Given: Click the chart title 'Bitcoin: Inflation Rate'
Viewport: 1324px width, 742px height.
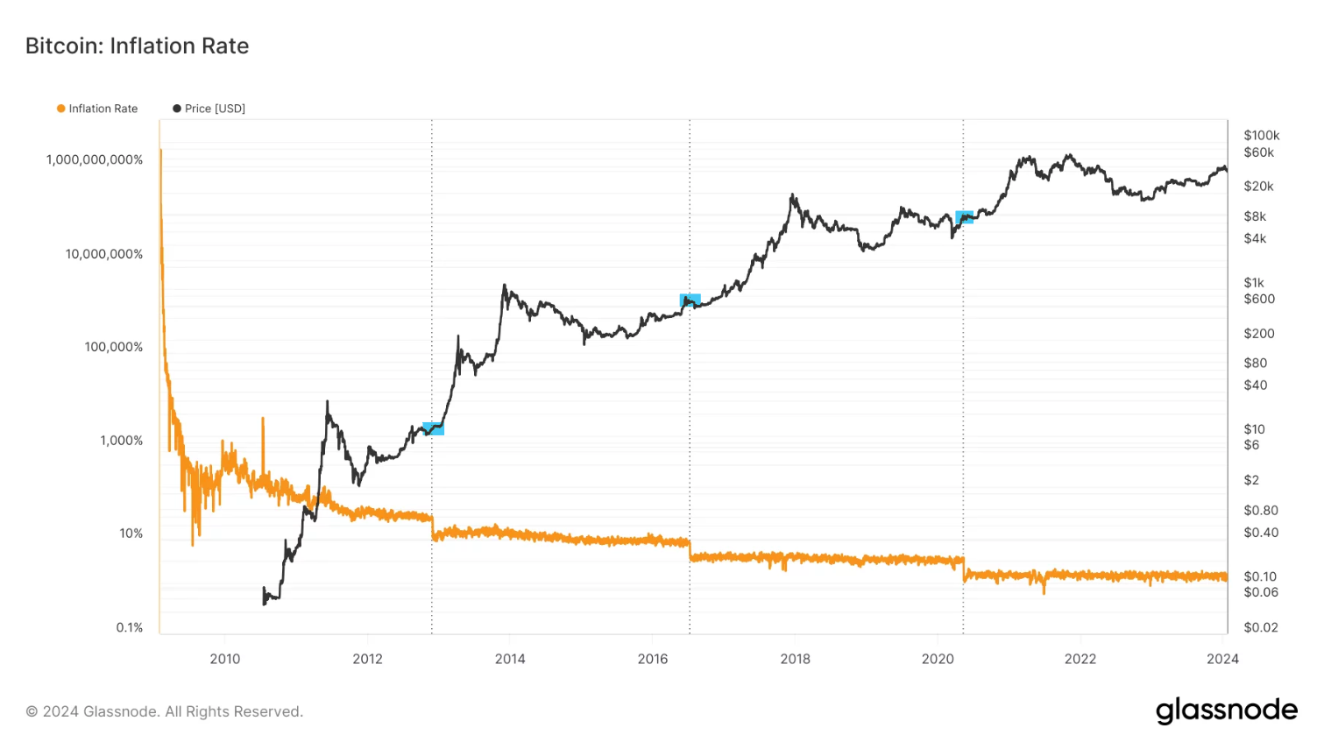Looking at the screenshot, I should coord(137,46).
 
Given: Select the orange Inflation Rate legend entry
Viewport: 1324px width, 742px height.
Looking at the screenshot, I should coord(97,109).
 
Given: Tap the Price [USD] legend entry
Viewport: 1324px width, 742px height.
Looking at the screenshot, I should coord(209,109).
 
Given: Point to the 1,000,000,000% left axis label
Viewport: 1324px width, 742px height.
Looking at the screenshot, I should coord(95,159).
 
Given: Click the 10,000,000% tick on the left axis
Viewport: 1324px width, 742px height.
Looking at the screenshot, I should coord(103,254).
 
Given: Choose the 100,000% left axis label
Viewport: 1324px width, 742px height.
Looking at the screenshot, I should coord(113,347).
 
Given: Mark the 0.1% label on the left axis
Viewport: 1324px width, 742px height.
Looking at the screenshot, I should coord(130,627).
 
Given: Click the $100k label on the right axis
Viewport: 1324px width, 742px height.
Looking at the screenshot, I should coord(1261,135).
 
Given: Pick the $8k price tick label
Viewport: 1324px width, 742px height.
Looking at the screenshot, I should coord(1255,216).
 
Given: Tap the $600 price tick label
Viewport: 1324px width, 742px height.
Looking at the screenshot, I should coord(1259,299).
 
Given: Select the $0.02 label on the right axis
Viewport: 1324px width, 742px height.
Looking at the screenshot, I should coord(1261,627).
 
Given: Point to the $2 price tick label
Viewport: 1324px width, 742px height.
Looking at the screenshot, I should coord(1251,480).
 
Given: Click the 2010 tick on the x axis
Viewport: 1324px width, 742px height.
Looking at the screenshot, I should coord(225,659).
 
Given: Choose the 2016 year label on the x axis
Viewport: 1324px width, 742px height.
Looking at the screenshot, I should coord(653,659).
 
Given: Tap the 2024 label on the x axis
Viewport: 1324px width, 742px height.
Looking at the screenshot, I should coord(1222,659).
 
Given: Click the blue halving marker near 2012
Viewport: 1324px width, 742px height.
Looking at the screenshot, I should coord(434,428).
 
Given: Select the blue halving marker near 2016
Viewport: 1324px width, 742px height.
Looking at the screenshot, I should coord(690,300).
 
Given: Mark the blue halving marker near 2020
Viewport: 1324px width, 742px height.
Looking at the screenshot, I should coord(964,216).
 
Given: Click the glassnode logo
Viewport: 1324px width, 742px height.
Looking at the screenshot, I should coord(1226,710).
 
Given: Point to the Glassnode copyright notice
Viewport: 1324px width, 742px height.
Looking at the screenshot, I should coord(165,711).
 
